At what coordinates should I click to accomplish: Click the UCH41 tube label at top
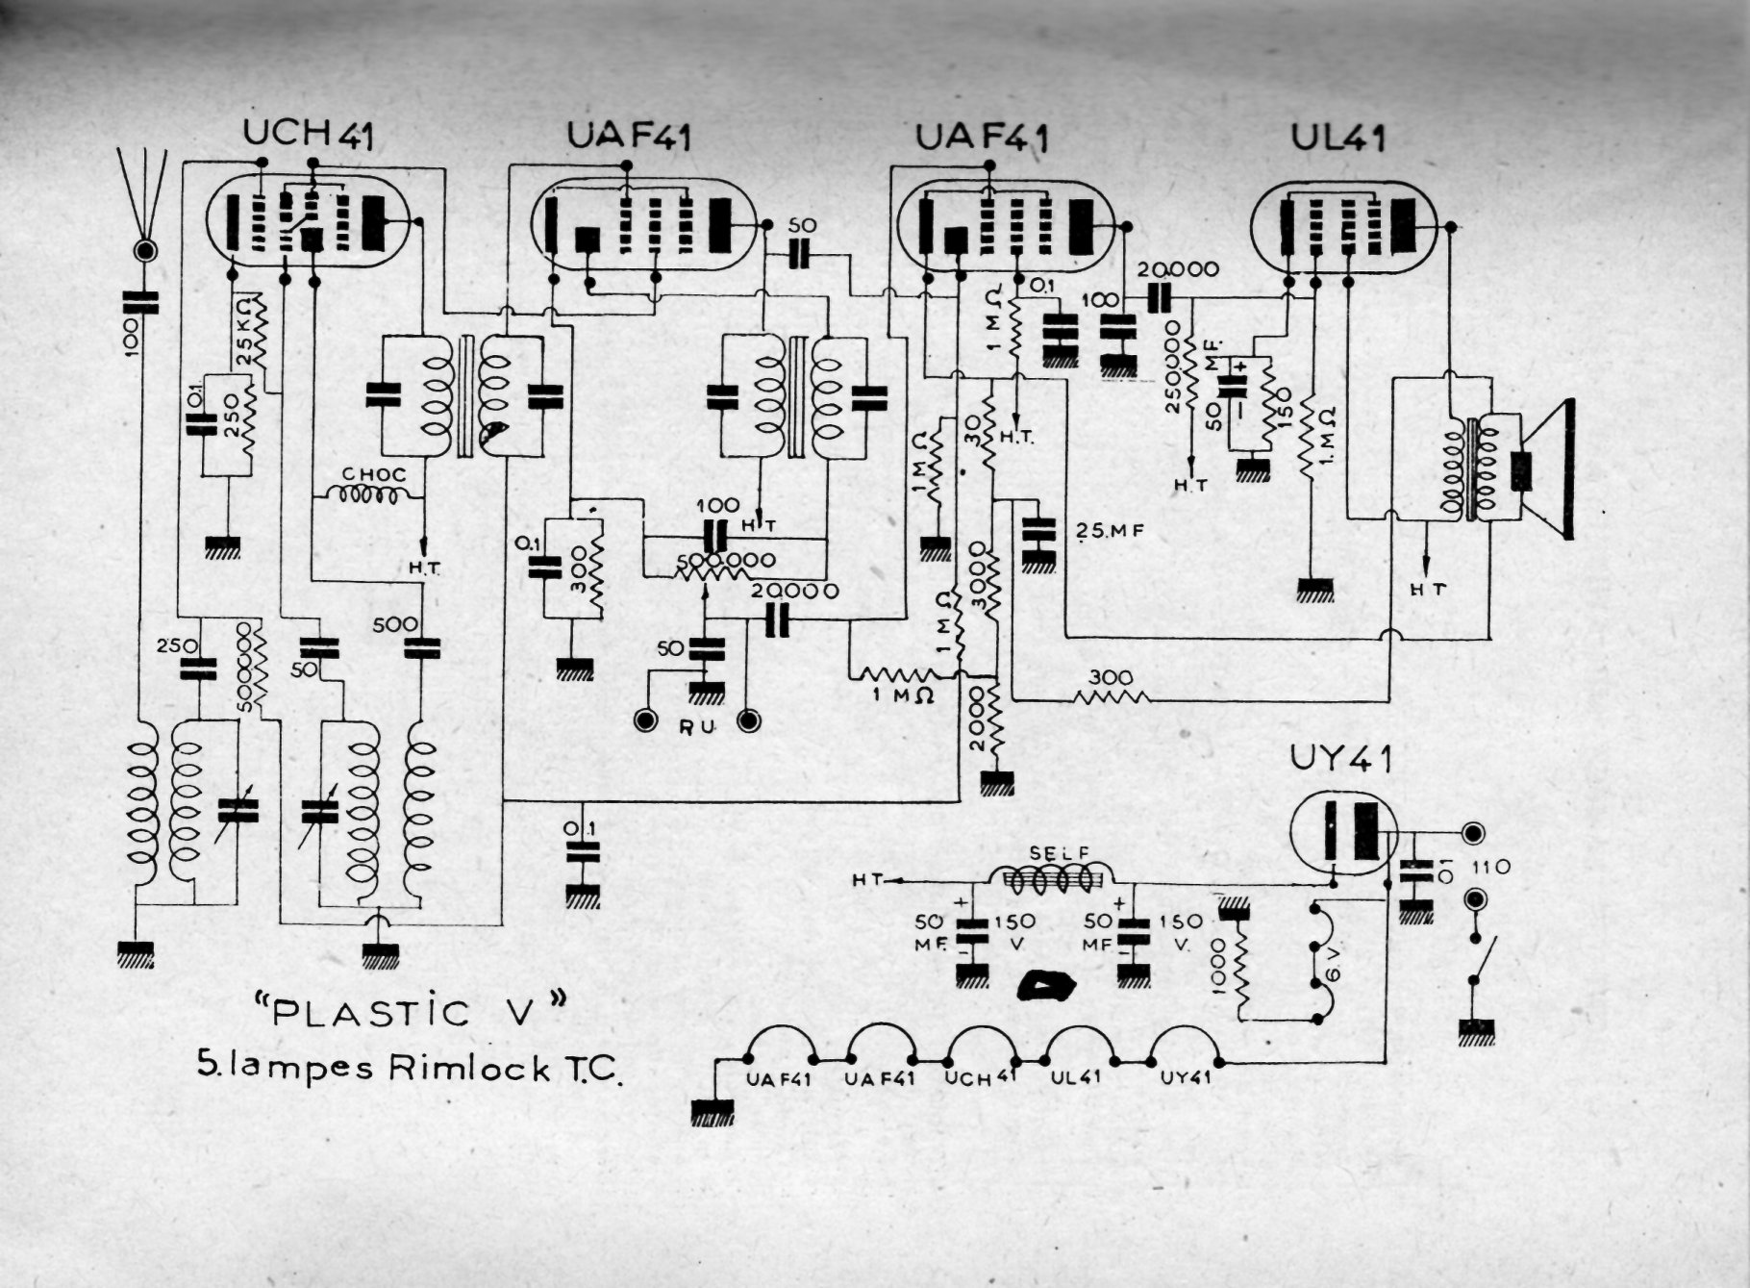(308, 135)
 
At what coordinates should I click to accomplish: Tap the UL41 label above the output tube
(1337, 139)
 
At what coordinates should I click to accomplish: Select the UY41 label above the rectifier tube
(1340, 761)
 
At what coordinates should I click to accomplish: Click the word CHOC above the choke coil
(374, 475)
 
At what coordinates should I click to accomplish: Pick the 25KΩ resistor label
(242, 333)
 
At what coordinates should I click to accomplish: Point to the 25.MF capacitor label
(1105, 529)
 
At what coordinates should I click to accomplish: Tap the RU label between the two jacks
(697, 727)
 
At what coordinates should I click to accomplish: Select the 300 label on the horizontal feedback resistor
(1111, 677)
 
